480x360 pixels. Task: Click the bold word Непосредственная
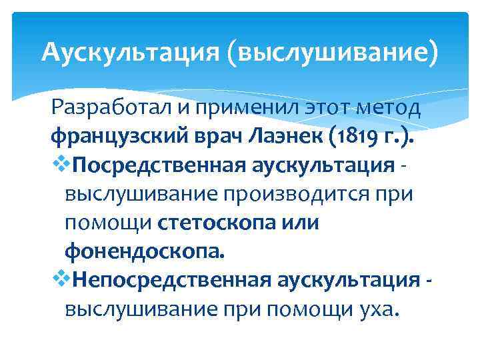click(161, 281)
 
